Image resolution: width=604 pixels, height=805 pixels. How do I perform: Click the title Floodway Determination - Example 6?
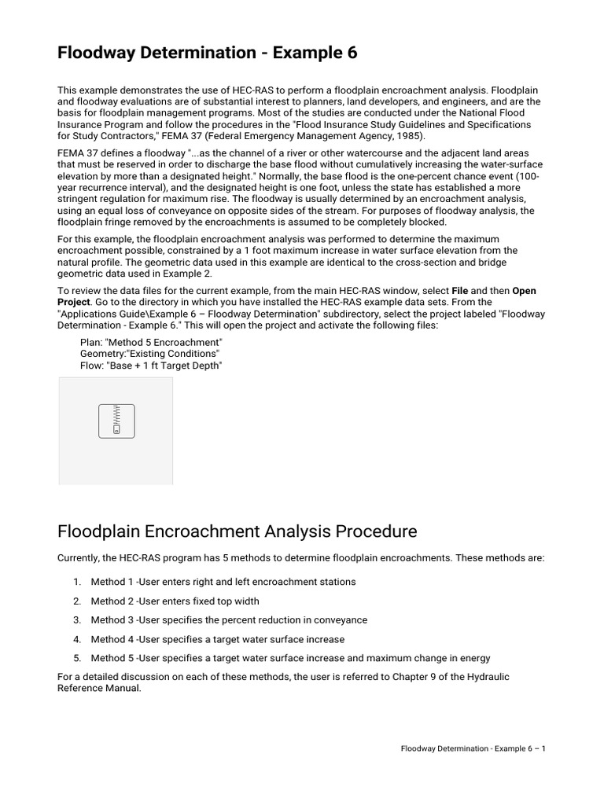tap(208, 53)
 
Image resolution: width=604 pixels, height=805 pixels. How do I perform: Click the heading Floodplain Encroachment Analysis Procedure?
tap(238, 531)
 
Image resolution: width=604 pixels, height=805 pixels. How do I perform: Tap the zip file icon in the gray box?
tap(116, 421)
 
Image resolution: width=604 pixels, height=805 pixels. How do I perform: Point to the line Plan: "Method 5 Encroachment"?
tap(152, 343)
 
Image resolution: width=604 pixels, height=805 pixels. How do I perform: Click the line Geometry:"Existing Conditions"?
tap(149, 354)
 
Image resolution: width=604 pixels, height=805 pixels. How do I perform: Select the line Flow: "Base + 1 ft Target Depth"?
tap(151, 366)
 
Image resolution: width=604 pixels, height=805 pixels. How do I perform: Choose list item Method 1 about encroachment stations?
tap(223, 582)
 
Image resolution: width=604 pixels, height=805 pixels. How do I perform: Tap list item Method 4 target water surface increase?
tap(217, 640)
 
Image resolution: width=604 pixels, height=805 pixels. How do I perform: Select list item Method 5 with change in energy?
tap(289, 658)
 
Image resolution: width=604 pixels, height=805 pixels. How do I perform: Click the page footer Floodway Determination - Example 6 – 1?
tap(473, 748)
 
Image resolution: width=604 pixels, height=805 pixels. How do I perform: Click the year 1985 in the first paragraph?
tap(411, 135)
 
